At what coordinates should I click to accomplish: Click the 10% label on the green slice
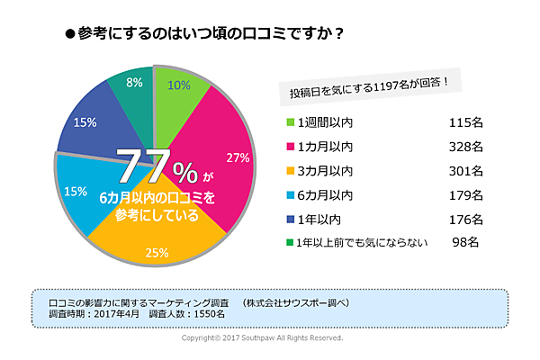pyautogui.click(x=179, y=86)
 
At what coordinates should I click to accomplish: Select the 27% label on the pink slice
pyautogui.click(x=238, y=157)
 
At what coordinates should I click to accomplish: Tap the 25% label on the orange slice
pyautogui.click(x=157, y=252)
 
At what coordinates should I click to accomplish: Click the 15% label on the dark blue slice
pyautogui.click(x=86, y=123)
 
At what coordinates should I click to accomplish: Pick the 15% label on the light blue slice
pyautogui.click(x=76, y=191)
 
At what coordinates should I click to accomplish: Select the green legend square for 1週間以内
pyautogui.click(x=291, y=121)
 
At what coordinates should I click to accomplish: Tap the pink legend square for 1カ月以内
pyautogui.click(x=291, y=146)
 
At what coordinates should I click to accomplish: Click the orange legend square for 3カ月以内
pyautogui.click(x=291, y=170)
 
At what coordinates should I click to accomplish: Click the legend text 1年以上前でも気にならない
pyautogui.click(x=361, y=241)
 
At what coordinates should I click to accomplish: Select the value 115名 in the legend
pyautogui.click(x=466, y=121)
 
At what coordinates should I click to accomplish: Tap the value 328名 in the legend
pyautogui.click(x=466, y=146)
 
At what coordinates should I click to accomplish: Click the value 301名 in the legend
pyautogui.click(x=466, y=170)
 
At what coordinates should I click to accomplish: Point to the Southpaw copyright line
pyautogui.click(x=262, y=338)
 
